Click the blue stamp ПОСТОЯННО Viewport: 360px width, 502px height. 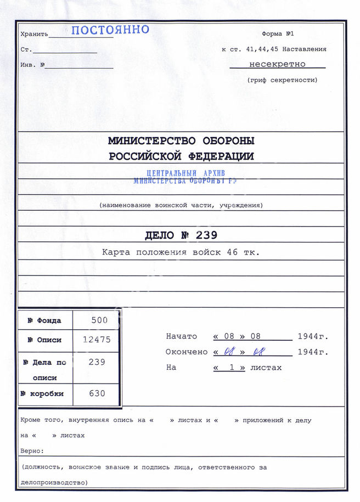coord(110,30)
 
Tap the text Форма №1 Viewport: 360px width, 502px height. coord(282,33)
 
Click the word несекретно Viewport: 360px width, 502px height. coord(277,64)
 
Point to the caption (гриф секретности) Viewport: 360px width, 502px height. coord(282,80)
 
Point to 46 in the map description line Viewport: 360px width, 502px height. coord(240,253)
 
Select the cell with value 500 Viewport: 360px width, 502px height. coord(99,320)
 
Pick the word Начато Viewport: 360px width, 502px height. coord(181,336)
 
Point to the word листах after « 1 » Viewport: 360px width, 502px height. coord(266,368)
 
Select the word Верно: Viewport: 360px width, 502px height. coord(32,450)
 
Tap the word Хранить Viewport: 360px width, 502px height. coord(34,34)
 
